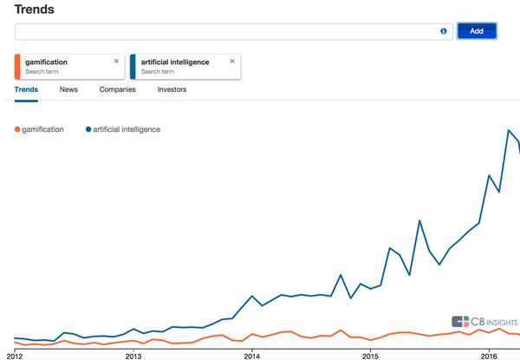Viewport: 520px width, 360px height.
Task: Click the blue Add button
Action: pos(477,31)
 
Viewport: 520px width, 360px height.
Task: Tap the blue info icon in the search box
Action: pos(444,31)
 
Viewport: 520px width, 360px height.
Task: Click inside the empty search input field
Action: pos(225,31)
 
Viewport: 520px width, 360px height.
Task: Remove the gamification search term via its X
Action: pos(116,62)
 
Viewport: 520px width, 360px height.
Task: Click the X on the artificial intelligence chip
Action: pos(232,62)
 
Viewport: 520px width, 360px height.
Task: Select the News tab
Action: pos(68,89)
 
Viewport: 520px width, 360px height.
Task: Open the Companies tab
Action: pos(117,89)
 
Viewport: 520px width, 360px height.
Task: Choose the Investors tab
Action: pos(172,89)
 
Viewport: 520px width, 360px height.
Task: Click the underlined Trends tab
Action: pos(26,89)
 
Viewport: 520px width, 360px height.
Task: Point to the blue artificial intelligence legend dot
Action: pos(88,129)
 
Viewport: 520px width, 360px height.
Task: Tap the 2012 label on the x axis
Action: pos(15,355)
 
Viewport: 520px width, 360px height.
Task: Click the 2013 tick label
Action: pos(133,355)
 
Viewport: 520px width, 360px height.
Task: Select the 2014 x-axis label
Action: pos(251,355)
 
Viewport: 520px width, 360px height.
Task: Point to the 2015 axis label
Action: pos(370,355)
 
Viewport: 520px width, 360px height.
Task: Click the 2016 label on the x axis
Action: pos(489,355)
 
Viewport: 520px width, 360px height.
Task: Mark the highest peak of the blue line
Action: pos(508,130)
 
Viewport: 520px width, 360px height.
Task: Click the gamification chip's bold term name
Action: pos(47,62)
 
